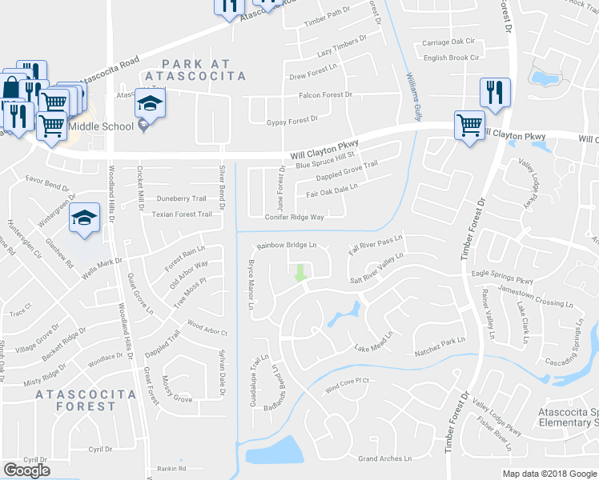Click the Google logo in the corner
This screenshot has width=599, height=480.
(x=26, y=470)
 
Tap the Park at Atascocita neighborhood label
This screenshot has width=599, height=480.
(x=203, y=70)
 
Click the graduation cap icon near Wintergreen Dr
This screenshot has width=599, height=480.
(x=84, y=218)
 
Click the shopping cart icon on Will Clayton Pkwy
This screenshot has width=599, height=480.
(x=469, y=125)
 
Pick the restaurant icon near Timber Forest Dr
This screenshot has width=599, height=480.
(x=495, y=93)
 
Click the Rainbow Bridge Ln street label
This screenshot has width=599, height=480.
(x=287, y=245)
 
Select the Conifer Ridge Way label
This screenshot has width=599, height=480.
(x=295, y=217)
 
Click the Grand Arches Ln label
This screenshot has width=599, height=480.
(x=384, y=458)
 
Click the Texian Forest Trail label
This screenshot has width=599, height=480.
(x=183, y=214)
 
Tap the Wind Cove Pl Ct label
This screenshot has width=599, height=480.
(x=347, y=386)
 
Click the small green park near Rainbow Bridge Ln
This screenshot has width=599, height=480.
(x=300, y=272)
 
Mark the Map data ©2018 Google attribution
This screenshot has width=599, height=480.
(x=550, y=474)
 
